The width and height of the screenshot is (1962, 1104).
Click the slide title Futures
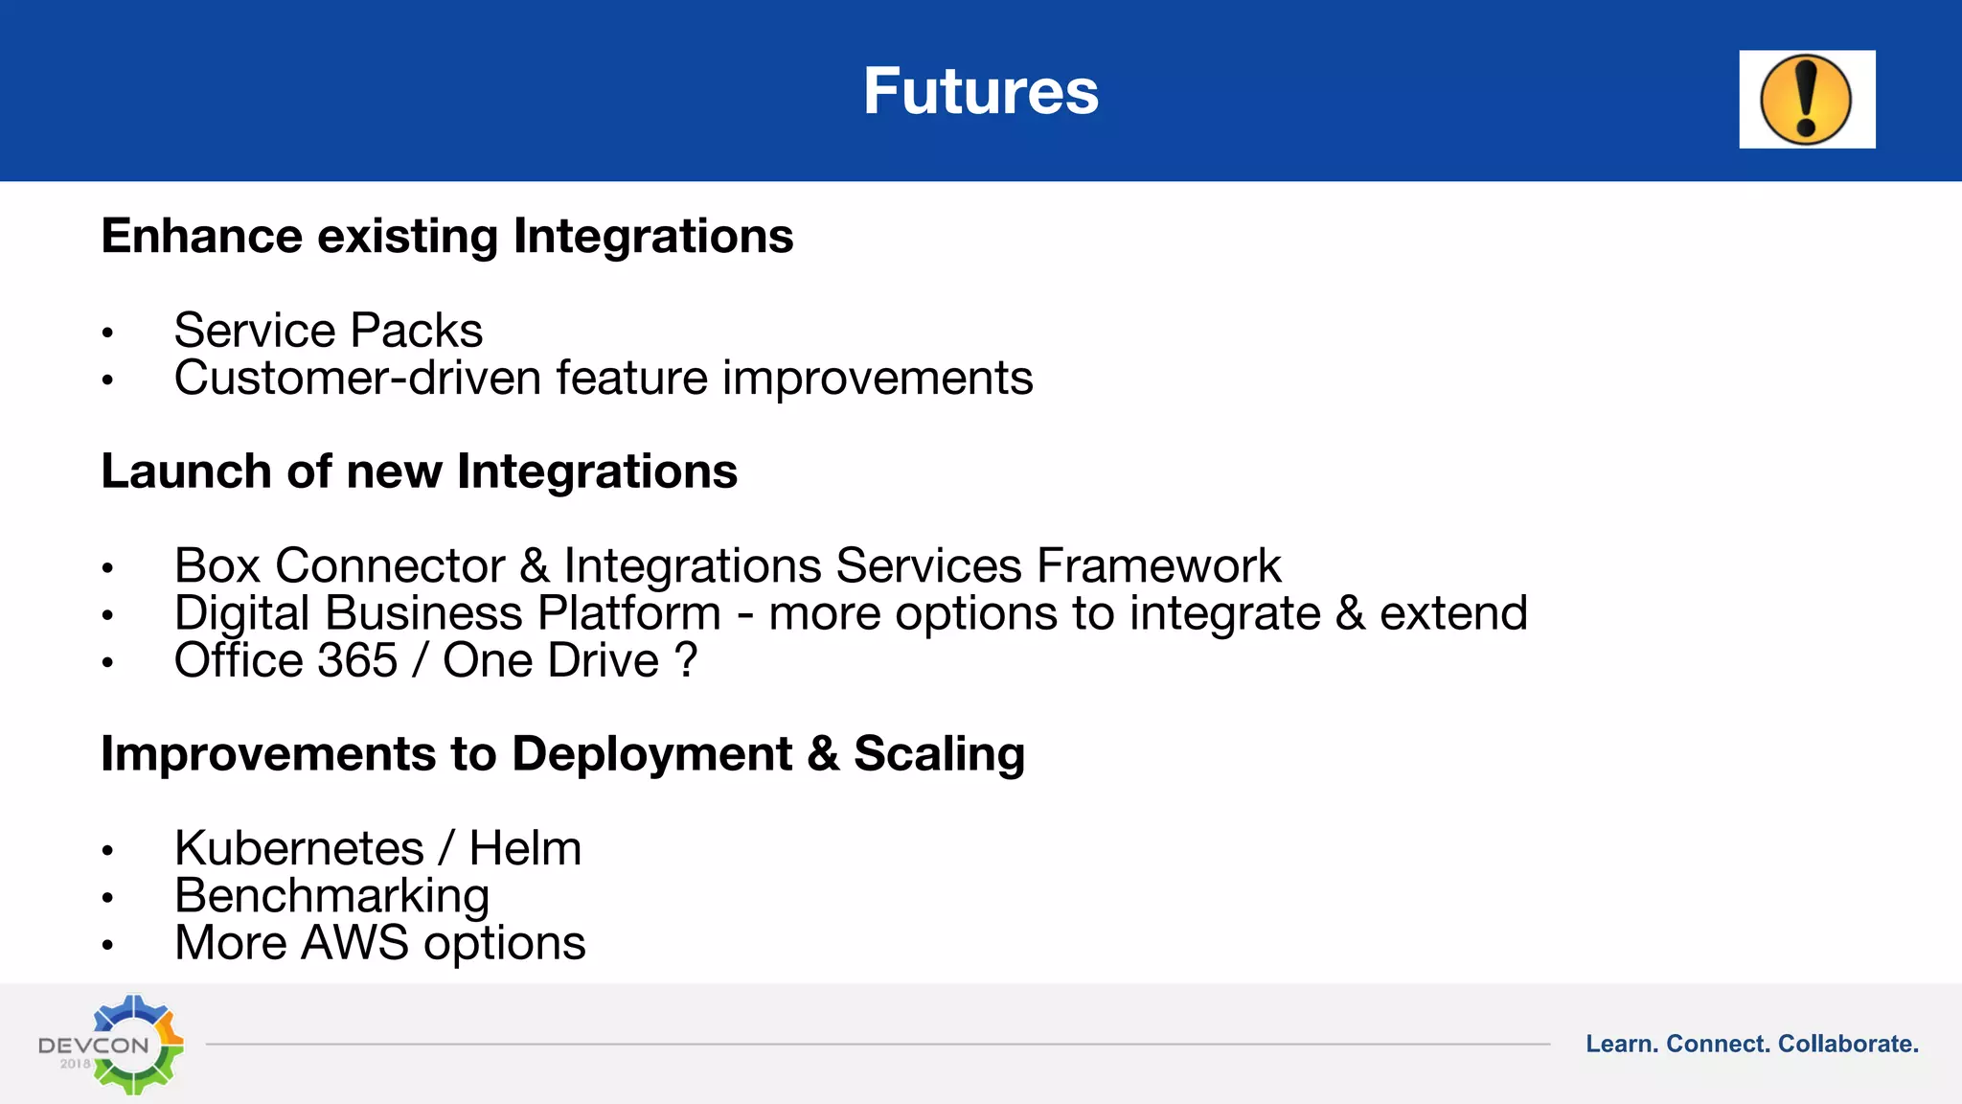980,92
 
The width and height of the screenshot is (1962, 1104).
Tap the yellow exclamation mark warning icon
1806,100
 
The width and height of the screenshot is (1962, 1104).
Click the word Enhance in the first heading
201,236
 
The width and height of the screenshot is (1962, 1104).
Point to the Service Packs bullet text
328,331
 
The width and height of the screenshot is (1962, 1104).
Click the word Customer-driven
357,378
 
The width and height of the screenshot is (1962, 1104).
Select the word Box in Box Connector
217,565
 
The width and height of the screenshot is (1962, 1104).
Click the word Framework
1158,565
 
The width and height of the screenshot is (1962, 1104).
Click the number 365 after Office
356,660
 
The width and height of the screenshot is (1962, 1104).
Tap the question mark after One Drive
686,660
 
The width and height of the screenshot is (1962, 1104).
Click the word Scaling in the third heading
939,754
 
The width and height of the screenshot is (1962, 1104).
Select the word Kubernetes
299,848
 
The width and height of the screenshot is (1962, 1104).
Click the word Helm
525,848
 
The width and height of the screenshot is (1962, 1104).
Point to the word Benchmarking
331,896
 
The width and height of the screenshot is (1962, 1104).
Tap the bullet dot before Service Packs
107,333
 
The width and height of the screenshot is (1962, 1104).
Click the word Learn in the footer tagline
1621,1044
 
